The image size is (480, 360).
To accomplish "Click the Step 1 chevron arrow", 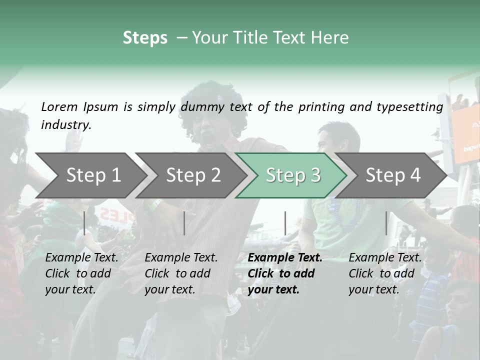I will point(93,175).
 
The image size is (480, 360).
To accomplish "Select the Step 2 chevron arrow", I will point(193,175).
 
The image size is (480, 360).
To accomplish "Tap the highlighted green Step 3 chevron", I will point(293,175).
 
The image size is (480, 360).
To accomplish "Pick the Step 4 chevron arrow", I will point(393,175).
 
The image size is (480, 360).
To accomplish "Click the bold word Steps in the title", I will point(145,38).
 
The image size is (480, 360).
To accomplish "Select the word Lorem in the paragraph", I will point(59,106).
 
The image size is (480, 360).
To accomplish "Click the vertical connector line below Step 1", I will point(84,223).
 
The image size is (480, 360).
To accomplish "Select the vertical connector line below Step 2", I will point(184,223).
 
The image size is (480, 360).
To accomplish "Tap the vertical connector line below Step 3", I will point(285,223).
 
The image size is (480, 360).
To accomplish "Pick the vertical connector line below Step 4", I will point(386,223).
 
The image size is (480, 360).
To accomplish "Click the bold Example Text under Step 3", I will point(285,258).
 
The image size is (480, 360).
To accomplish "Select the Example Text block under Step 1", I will point(81,273).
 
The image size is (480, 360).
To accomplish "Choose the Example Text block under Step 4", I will point(385,273).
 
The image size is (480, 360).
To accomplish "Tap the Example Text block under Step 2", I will point(181,273).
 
